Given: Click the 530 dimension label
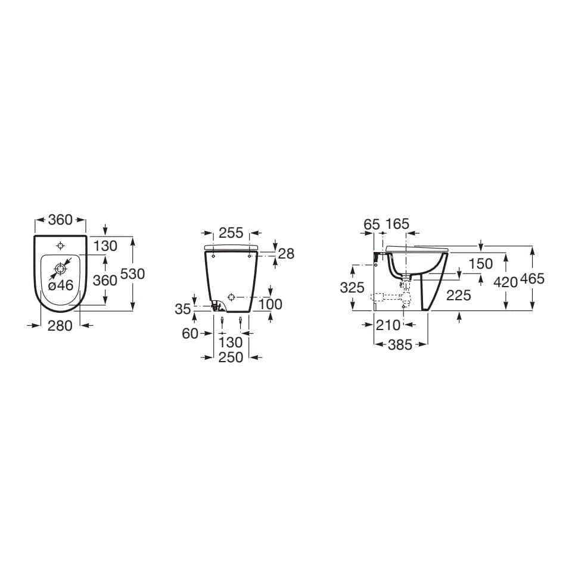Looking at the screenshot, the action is pyautogui.click(x=132, y=274).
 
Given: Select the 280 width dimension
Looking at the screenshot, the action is pyautogui.click(x=60, y=326).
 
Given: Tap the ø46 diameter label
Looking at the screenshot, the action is pyautogui.click(x=61, y=286).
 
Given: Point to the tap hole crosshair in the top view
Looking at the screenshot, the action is pyautogui.click(x=61, y=246).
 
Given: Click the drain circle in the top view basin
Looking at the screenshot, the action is pyautogui.click(x=60, y=269).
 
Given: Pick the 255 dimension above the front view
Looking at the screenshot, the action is pyautogui.click(x=231, y=233).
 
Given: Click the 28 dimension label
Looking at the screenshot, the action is pyautogui.click(x=287, y=254).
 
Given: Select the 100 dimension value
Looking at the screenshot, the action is pyautogui.click(x=270, y=304).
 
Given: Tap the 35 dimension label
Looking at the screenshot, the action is pyautogui.click(x=183, y=309).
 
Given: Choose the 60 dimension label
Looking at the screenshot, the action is pyautogui.click(x=190, y=334).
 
